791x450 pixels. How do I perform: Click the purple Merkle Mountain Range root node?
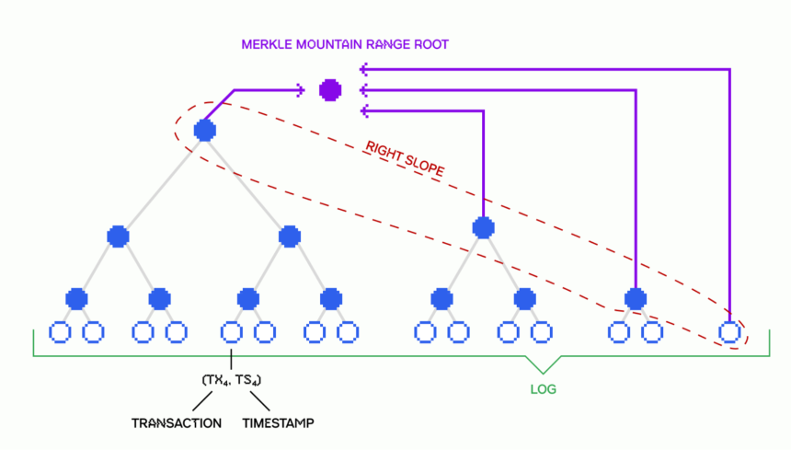330,90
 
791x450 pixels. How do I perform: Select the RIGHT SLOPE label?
405,158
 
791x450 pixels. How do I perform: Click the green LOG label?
544,389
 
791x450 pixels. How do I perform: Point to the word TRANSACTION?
177,422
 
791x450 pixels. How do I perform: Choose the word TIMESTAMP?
278,422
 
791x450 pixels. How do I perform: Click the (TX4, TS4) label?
232,380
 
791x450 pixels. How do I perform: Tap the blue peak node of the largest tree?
205,131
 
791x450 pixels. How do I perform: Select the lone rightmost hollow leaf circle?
729,332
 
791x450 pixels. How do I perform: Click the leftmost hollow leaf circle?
60,332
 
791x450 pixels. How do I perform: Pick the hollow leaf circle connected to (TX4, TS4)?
232,332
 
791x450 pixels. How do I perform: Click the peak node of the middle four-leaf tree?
483,228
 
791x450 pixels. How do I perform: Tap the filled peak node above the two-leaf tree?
636,299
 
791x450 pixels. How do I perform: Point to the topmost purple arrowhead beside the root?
363,69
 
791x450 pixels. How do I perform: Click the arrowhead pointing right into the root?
301,90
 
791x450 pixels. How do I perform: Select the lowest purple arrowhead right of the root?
363,110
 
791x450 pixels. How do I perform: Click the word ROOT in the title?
431,44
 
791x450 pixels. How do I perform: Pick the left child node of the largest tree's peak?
118,237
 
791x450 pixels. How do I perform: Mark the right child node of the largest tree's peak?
290,237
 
